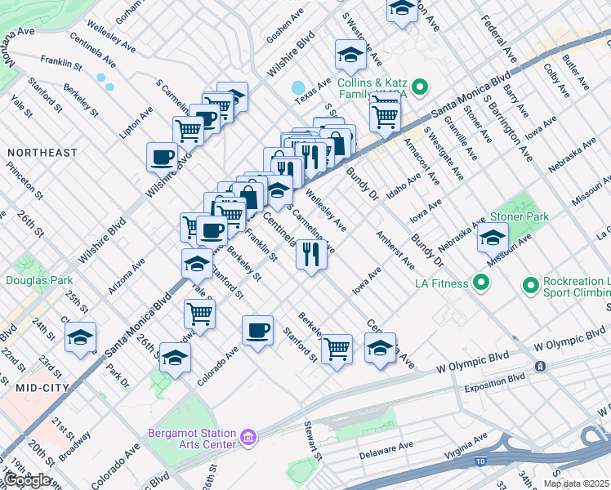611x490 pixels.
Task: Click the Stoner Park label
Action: click(519, 216)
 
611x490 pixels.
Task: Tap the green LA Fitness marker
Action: click(481, 283)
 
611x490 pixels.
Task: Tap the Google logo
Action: click(26, 479)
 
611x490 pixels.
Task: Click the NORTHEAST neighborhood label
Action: click(42, 153)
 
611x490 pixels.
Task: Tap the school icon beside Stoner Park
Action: click(493, 238)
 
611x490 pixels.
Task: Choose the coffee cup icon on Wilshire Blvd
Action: click(162, 156)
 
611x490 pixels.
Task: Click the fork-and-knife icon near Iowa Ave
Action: click(311, 255)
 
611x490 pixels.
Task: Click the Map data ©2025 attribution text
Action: click(577, 483)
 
